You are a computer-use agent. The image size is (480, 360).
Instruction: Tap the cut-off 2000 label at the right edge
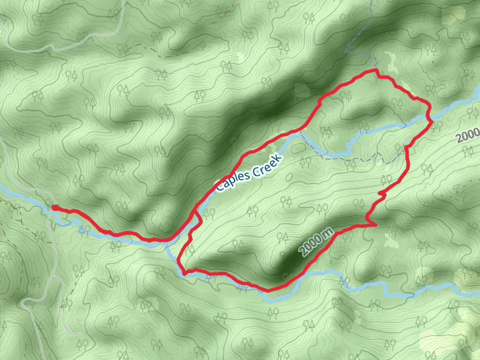468,136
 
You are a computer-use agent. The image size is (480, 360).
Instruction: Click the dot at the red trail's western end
54,208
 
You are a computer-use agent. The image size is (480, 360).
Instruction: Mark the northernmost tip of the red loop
376,70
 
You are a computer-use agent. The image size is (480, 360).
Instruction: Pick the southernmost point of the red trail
269,290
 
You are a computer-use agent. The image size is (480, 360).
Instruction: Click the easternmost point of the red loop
431,120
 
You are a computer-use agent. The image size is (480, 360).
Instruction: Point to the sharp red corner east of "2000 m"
376,225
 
